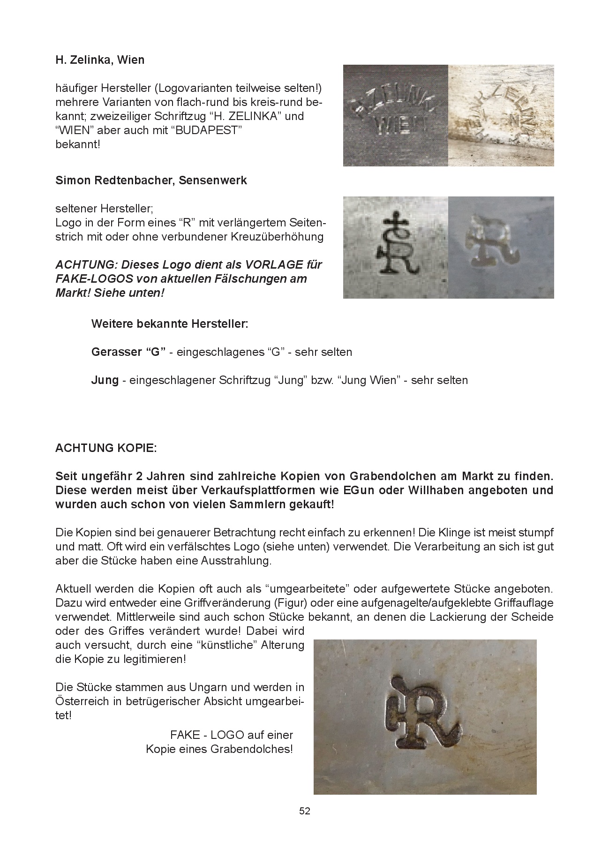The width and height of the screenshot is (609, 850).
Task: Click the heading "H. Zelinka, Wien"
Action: tap(100, 60)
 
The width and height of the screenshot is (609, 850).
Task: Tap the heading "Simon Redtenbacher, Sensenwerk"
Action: tap(151, 181)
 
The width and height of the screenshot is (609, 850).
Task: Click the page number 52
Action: tap(305, 811)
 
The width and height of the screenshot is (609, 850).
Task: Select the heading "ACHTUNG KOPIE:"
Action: tap(106, 448)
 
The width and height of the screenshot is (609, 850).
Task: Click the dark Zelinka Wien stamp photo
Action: tap(396, 115)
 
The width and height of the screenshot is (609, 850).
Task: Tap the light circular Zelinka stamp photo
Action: tap(501, 115)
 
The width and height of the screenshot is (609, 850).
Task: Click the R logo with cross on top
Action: tap(395, 247)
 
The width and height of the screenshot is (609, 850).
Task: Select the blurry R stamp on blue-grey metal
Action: tap(501, 247)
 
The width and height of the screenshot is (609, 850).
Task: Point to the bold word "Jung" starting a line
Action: tap(105, 380)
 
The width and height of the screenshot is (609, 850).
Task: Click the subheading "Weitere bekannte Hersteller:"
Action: tap(170, 324)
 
